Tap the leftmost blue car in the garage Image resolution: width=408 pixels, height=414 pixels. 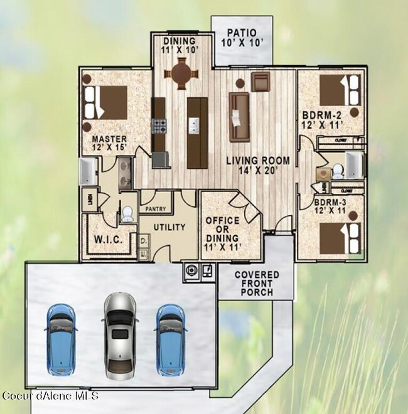click(61, 335)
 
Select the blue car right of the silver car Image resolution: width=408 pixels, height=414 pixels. click(170, 335)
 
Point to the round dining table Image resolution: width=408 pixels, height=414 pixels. click(181, 74)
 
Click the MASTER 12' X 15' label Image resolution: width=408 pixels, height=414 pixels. click(109, 144)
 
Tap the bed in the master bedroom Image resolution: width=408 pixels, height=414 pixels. click(107, 102)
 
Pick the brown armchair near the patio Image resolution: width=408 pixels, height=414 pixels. click(260, 81)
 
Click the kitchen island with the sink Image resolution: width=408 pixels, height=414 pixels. click(196, 132)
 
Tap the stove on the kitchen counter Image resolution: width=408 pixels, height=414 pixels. click(158, 126)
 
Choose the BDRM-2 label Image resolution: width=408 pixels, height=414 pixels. click(321, 120)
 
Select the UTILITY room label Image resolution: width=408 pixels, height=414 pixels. click(169, 227)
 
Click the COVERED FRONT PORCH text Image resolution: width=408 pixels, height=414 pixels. click(254, 284)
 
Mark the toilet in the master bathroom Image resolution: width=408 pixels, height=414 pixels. click(128, 215)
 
